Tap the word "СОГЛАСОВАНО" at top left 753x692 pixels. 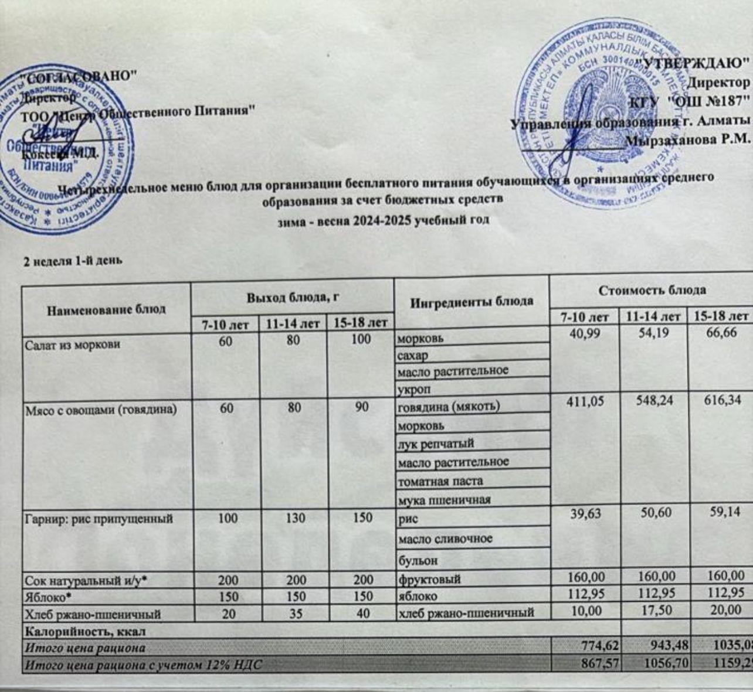79,76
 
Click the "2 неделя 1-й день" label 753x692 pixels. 72,261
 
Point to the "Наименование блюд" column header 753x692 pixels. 106,309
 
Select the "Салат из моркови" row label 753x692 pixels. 73,345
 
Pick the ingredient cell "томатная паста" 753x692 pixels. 440,481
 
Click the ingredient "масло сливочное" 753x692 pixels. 445,538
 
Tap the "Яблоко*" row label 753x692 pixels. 44,596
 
